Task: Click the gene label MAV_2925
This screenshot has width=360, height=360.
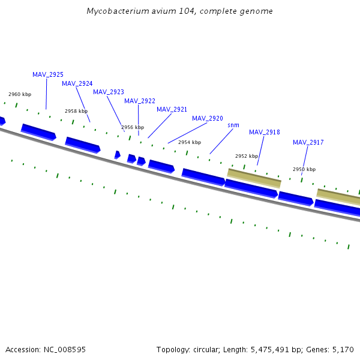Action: (x=48, y=74)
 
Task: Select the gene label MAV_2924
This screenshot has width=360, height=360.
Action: (x=77, y=83)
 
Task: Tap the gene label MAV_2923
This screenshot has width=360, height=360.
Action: (x=109, y=92)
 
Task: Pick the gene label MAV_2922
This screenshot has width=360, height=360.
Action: (x=140, y=101)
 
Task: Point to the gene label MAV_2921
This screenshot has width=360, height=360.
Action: (x=172, y=109)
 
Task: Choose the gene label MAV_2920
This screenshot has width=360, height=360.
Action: (x=208, y=118)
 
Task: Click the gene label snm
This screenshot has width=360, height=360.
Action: (x=233, y=125)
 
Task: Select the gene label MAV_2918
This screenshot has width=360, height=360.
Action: (x=265, y=132)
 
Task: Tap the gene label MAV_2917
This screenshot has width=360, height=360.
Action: (x=308, y=142)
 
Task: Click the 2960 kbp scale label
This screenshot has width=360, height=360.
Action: (x=20, y=94)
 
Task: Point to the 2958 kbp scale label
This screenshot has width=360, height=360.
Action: (x=76, y=111)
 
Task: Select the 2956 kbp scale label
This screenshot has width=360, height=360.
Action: (x=133, y=127)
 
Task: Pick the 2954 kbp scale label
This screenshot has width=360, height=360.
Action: (x=190, y=142)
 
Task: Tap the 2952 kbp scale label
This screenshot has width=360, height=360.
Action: (x=247, y=156)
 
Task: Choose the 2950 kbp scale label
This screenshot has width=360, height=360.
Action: (x=304, y=169)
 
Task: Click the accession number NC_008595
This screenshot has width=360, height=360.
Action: (x=65, y=349)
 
